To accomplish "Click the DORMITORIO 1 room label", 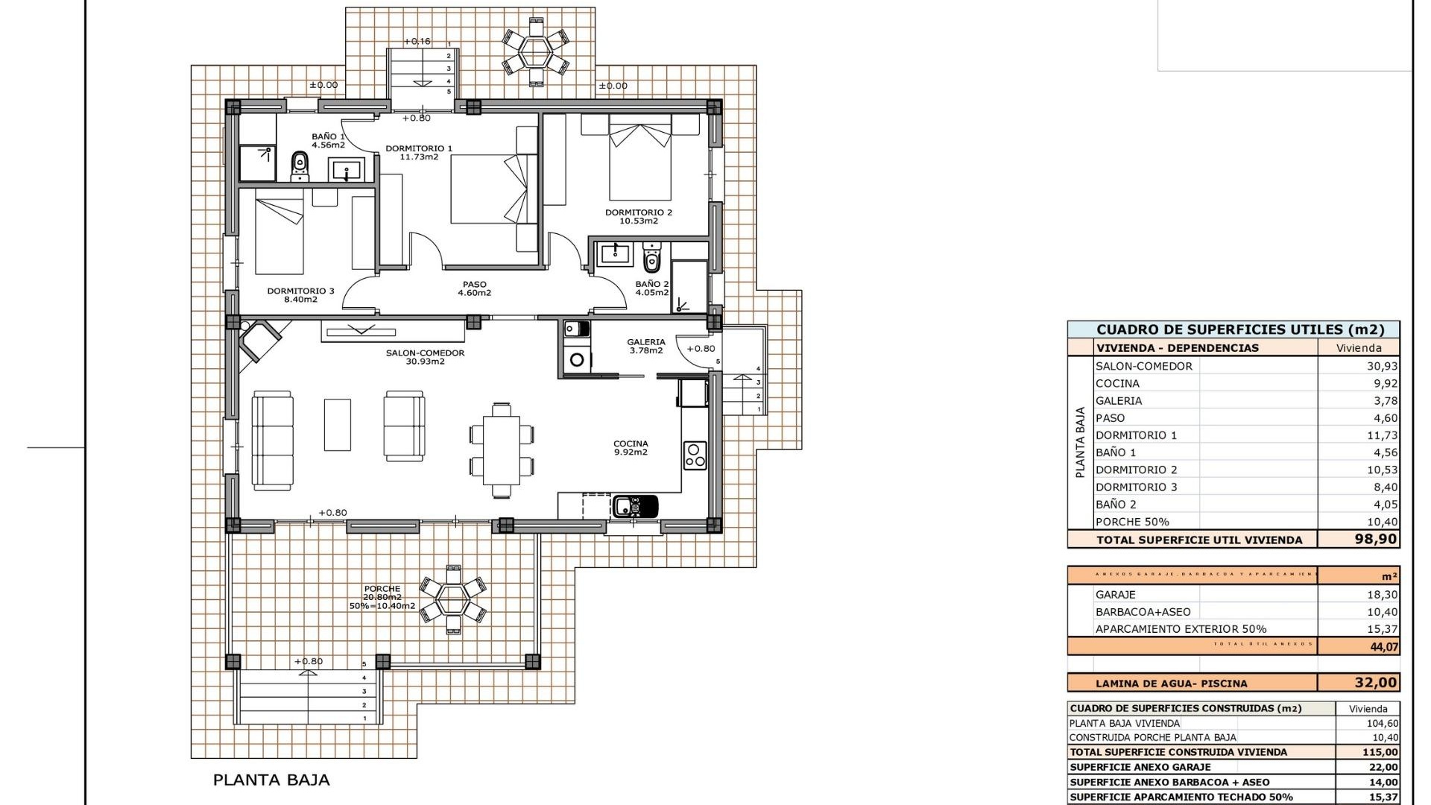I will [419, 153].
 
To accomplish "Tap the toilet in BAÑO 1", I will [300, 165].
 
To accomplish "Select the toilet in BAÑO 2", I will [652, 258].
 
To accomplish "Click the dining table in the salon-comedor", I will [502, 450].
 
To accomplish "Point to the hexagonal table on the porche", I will [452, 599].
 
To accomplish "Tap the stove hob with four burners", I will [695, 455].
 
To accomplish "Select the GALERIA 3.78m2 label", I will [645, 346].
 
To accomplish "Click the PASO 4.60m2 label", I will [474, 288].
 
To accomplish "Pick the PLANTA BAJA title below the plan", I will [271, 780].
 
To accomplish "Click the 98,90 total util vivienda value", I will [1375, 539].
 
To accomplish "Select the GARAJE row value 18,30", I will [1383, 595].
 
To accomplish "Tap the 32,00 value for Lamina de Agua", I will [1375, 683].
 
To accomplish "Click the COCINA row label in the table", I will [1117, 383].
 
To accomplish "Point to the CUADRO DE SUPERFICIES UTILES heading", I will [1240, 329].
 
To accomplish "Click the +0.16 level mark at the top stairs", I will [417, 41].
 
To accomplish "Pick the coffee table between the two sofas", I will [338, 424].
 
